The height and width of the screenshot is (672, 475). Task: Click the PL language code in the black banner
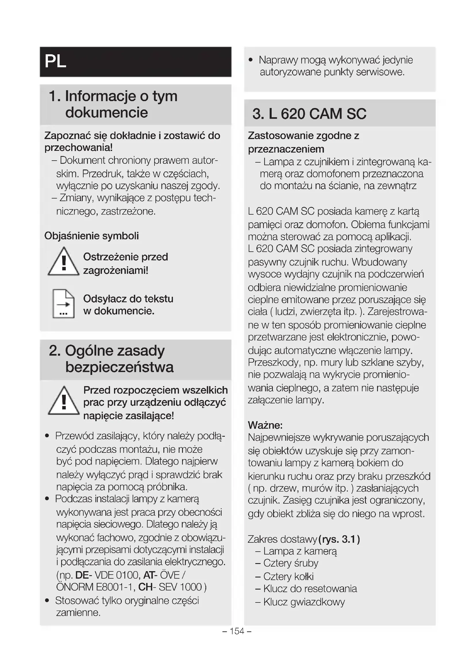click(56, 61)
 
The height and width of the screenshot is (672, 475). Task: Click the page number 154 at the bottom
click(237, 631)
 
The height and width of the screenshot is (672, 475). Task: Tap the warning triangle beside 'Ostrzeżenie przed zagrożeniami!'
click(63, 262)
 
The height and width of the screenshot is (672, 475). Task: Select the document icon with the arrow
click(63, 303)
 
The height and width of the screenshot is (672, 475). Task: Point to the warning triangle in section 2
click(63, 401)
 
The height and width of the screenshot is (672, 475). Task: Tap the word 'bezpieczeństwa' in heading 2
click(119, 367)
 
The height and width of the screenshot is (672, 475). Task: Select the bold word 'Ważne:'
click(265, 425)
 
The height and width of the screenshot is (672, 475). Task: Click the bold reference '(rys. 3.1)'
click(339, 539)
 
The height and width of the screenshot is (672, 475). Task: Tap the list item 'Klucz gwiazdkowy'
click(304, 602)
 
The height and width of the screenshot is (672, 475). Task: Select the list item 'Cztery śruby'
click(290, 563)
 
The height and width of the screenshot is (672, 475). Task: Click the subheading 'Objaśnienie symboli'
click(92, 236)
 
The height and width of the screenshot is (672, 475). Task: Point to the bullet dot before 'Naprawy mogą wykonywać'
click(250, 60)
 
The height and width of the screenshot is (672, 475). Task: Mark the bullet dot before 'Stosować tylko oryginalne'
click(47, 600)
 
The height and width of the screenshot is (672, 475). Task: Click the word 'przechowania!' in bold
click(78, 147)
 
